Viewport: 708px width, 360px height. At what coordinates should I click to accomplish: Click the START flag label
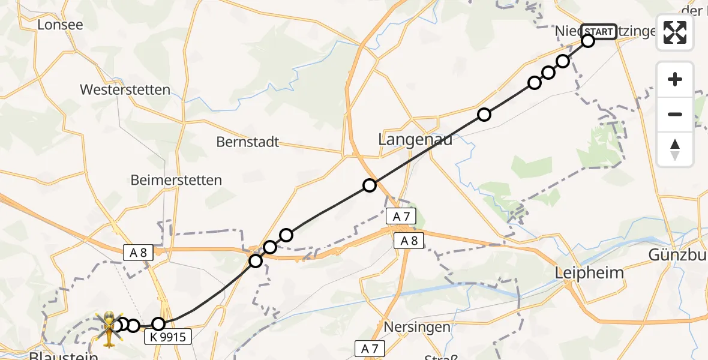[x=598, y=32]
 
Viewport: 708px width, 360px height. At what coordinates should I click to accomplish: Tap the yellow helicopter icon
[x=109, y=328]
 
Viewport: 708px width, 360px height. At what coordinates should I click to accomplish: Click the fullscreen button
[x=675, y=32]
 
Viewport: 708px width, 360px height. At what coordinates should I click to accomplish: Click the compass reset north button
[x=675, y=149]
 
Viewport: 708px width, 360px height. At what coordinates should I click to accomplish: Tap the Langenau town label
[x=415, y=140]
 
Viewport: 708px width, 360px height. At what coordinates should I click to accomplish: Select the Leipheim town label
[x=589, y=273]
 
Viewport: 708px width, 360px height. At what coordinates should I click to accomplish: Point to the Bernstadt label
[x=248, y=143]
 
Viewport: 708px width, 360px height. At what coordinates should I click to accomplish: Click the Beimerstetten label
[x=176, y=180]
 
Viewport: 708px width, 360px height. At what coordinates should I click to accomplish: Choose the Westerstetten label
[x=125, y=90]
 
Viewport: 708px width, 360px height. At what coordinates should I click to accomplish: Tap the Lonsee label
[x=60, y=25]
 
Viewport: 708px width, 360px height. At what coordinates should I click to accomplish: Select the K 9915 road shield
[x=168, y=338]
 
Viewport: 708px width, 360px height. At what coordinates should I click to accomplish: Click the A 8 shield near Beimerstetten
[x=139, y=253]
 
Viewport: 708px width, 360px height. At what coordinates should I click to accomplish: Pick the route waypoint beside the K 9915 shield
[x=158, y=324]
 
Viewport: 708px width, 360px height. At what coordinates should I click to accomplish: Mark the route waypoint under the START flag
[x=587, y=41]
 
